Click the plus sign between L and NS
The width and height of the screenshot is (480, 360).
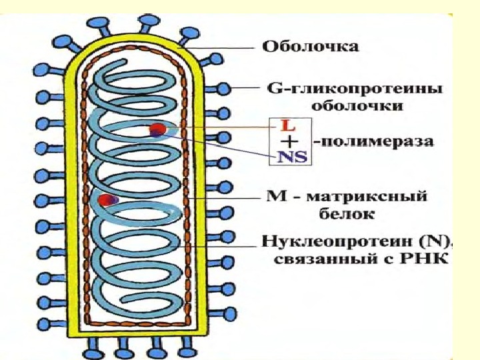(288, 141)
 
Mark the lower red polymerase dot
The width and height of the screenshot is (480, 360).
(105, 199)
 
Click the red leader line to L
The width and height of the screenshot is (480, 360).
(220, 127)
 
